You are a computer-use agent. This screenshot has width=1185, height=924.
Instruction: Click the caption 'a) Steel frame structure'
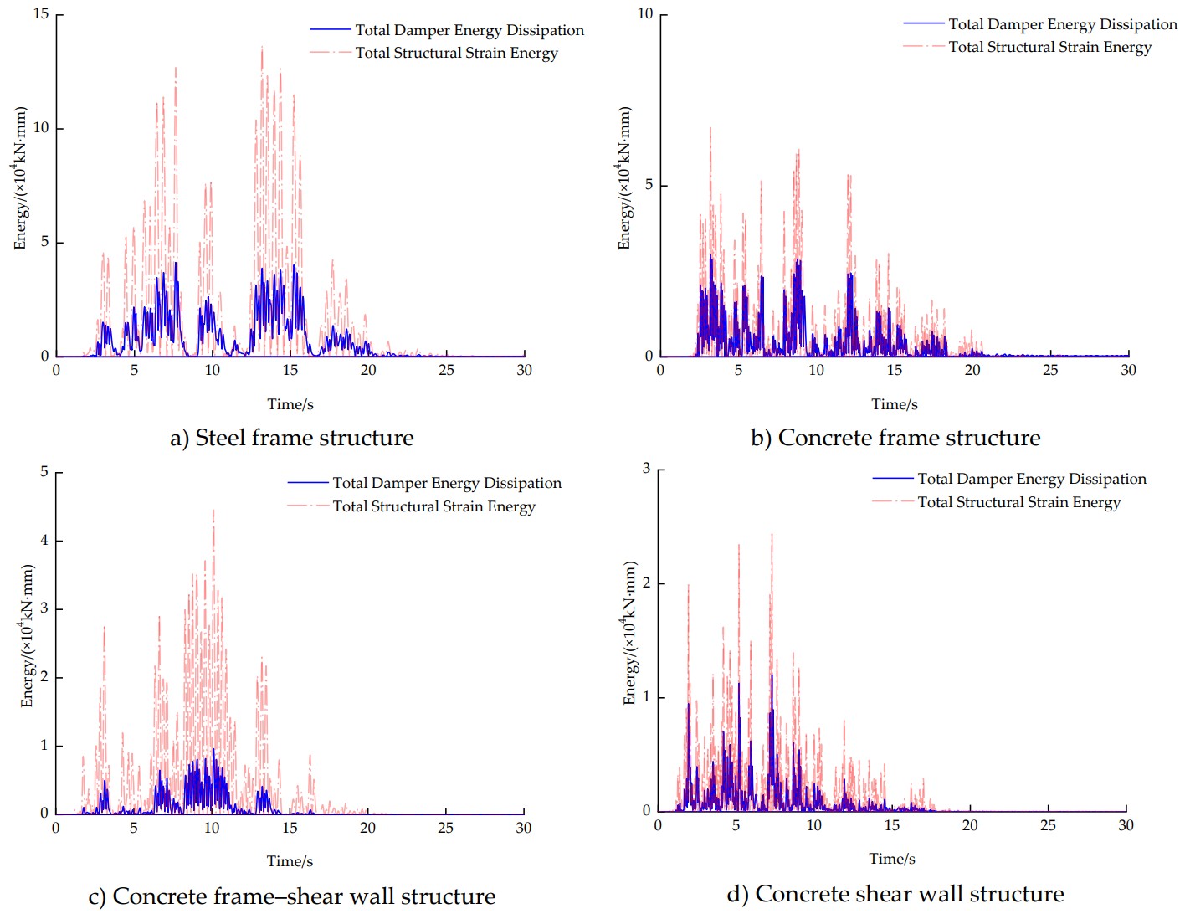[291, 438]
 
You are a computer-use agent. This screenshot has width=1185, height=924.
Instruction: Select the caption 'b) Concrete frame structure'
[895, 438]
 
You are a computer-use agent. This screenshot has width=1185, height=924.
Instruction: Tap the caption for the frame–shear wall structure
[291, 896]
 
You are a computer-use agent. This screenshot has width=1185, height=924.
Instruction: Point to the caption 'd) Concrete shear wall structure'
[895, 894]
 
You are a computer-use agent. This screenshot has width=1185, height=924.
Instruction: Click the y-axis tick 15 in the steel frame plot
[41, 14]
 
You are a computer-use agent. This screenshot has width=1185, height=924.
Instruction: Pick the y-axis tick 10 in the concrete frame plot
[645, 14]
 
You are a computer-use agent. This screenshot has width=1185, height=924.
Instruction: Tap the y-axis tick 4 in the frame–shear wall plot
[44, 541]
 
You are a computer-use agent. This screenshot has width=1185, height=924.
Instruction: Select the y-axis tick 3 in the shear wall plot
[646, 469]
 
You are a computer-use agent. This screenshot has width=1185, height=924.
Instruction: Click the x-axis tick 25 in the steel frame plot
[446, 370]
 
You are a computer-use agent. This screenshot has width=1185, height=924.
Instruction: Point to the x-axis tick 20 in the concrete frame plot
[972, 370]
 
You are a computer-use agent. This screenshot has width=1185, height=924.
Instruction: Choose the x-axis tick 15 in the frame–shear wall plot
[290, 828]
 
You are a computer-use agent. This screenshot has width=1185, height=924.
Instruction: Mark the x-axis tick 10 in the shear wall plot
[813, 825]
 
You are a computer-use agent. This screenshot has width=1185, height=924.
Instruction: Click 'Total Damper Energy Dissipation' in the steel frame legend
[469, 30]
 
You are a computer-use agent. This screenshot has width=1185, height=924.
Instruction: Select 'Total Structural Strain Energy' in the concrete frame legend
[1049, 47]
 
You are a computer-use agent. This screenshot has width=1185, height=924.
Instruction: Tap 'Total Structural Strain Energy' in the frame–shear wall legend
[433, 506]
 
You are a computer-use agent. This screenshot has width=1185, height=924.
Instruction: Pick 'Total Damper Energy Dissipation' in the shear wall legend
[1031, 479]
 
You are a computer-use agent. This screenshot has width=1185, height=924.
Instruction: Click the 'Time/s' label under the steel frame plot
[290, 404]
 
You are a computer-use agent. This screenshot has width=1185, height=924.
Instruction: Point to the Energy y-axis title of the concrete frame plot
[624, 178]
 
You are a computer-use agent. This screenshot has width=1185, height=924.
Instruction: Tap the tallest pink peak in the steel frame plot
[262, 49]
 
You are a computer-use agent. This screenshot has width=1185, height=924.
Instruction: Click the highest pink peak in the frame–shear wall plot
[213, 511]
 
